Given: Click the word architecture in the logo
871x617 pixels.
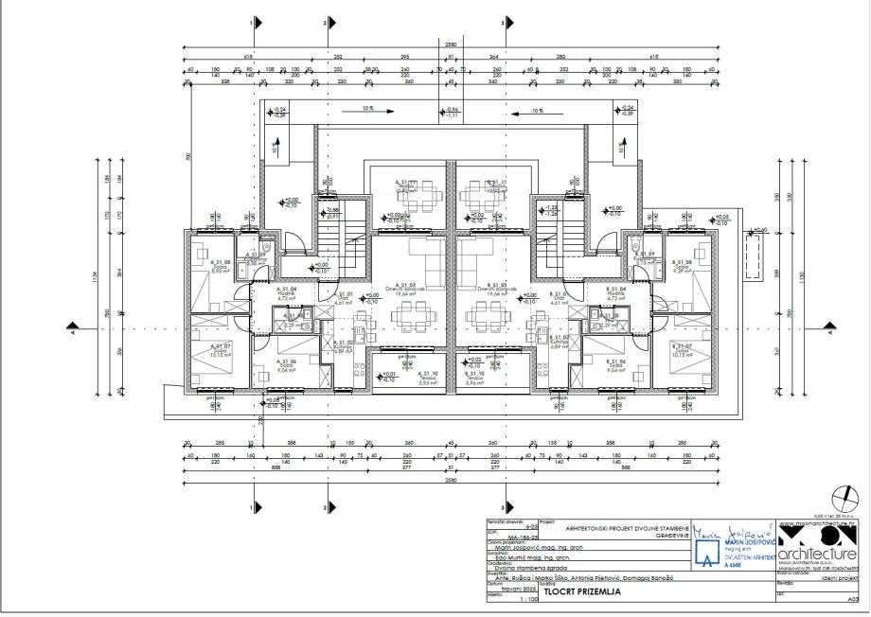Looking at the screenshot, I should tap(819, 554).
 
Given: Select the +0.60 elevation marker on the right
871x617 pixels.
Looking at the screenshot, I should tap(760, 230).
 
